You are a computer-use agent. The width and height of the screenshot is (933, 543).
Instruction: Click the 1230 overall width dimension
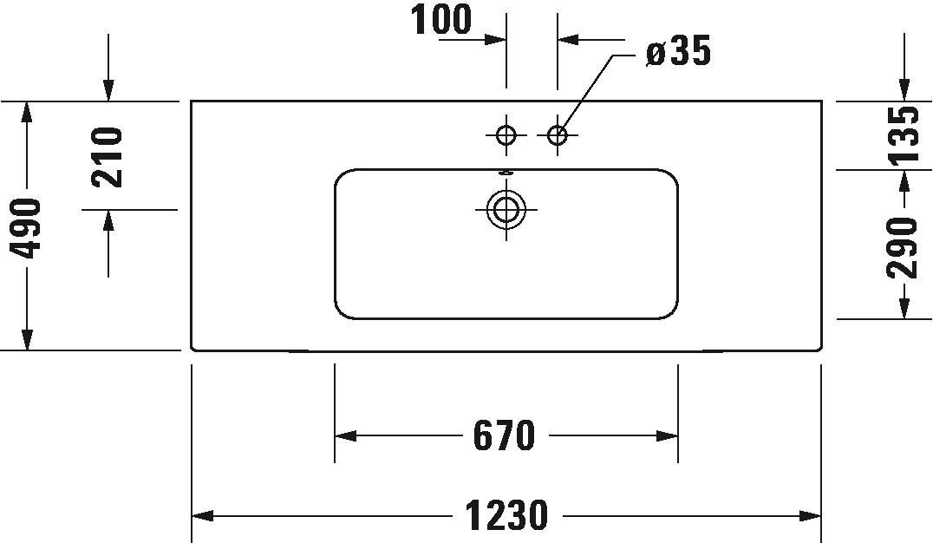click(506, 515)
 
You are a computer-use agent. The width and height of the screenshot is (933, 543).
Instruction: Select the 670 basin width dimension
click(505, 435)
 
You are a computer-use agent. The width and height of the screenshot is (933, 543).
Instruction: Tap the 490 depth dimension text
click(27, 229)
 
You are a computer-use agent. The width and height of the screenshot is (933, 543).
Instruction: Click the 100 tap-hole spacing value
click(441, 19)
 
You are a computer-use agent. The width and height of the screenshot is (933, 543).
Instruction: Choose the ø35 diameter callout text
click(678, 50)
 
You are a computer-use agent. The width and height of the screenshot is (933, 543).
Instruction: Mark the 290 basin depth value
click(902, 248)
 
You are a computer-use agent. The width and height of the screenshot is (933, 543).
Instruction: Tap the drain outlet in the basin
click(506, 210)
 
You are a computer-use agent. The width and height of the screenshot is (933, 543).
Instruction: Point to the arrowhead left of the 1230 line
click(202, 515)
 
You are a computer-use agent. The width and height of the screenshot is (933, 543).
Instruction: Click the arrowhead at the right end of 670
click(667, 435)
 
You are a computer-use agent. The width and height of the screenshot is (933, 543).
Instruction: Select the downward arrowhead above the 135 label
click(904, 89)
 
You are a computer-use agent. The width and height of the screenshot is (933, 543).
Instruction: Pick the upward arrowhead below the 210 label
click(108, 221)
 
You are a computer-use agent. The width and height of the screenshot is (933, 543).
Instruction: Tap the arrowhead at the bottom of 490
click(27, 339)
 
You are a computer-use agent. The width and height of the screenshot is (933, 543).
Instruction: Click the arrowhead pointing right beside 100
click(495, 40)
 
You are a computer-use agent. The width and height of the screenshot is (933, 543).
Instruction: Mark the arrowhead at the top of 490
click(27, 113)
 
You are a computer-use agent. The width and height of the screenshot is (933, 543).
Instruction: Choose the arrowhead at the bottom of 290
click(904, 308)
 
